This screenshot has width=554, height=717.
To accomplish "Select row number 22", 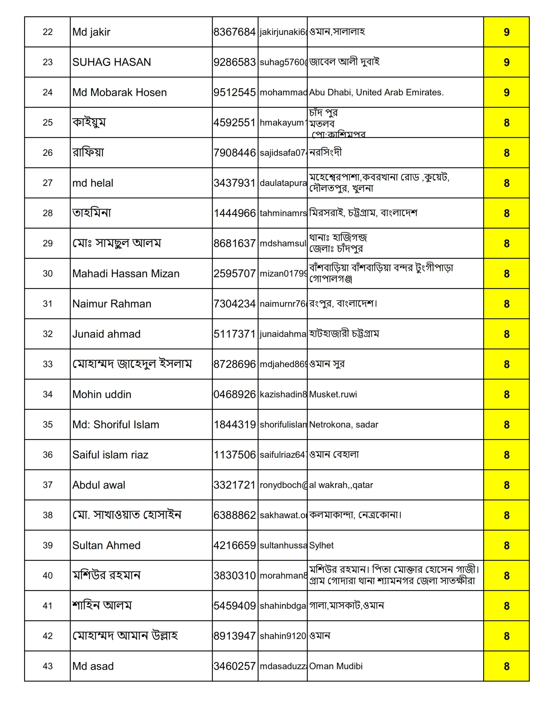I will [48, 32].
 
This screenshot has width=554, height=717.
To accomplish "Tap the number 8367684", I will [234, 32].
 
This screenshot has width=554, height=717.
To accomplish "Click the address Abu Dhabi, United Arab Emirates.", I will [376, 92].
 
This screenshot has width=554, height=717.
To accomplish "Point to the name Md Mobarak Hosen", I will [120, 92].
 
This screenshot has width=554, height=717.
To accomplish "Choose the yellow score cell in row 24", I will [506, 92].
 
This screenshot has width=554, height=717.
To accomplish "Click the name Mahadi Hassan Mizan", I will [126, 273].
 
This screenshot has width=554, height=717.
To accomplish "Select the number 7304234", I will [234, 304].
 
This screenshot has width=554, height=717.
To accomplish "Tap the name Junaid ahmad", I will [106, 334].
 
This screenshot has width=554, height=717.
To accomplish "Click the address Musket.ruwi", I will [333, 394].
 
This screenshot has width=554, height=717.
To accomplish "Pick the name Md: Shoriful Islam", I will [116, 425].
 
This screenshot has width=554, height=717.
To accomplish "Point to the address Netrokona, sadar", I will [343, 425].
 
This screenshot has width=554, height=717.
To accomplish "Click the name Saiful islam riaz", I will [110, 455].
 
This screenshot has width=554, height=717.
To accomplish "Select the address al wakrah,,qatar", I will [341, 485].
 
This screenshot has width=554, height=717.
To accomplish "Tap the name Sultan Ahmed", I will [106, 545].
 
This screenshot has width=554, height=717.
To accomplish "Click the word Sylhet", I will [321, 545].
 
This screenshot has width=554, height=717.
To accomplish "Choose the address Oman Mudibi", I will [336, 666].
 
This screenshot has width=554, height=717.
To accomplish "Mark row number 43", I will [48, 666].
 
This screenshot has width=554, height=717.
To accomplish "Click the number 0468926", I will [234, 394].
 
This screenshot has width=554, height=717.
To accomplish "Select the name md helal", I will [93, 183].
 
